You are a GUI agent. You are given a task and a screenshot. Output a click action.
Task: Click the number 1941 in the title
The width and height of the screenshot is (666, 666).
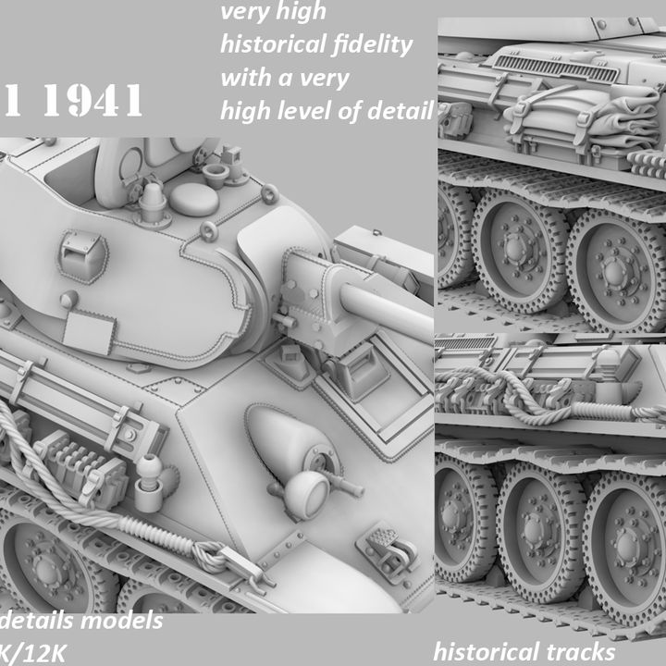[93, 103]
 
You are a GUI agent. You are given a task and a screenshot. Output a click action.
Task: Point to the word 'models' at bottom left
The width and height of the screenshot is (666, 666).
[122, 620]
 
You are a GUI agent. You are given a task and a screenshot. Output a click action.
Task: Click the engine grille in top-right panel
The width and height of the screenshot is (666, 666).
[555, 67]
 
